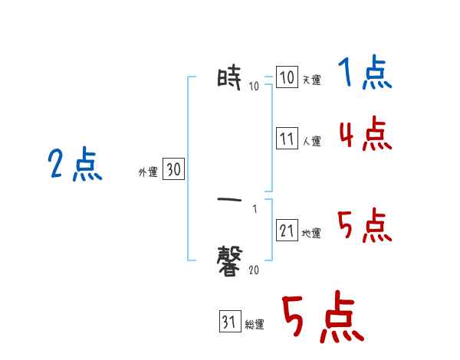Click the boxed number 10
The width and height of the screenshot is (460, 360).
pyautogui.click(x=286, y=78)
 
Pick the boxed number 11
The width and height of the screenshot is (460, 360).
pyautogui.click(x=286, y=139)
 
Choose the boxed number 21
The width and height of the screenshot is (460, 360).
pyautogui.click(x=286, y=230)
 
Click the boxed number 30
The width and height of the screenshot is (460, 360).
pyautogui.click(x=173, y=170)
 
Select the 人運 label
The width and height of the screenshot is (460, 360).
pyautogui.click(x=311, y=142)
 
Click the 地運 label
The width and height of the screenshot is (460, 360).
pyautogui.click(x=311, y=234)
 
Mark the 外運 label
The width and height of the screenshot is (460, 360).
pyautogui.click(x=147, y=173)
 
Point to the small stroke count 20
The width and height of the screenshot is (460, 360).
pyautogui.click(x=254, y=269)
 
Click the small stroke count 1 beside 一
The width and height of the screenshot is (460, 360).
pyautogui.click(x=254, y=208)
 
